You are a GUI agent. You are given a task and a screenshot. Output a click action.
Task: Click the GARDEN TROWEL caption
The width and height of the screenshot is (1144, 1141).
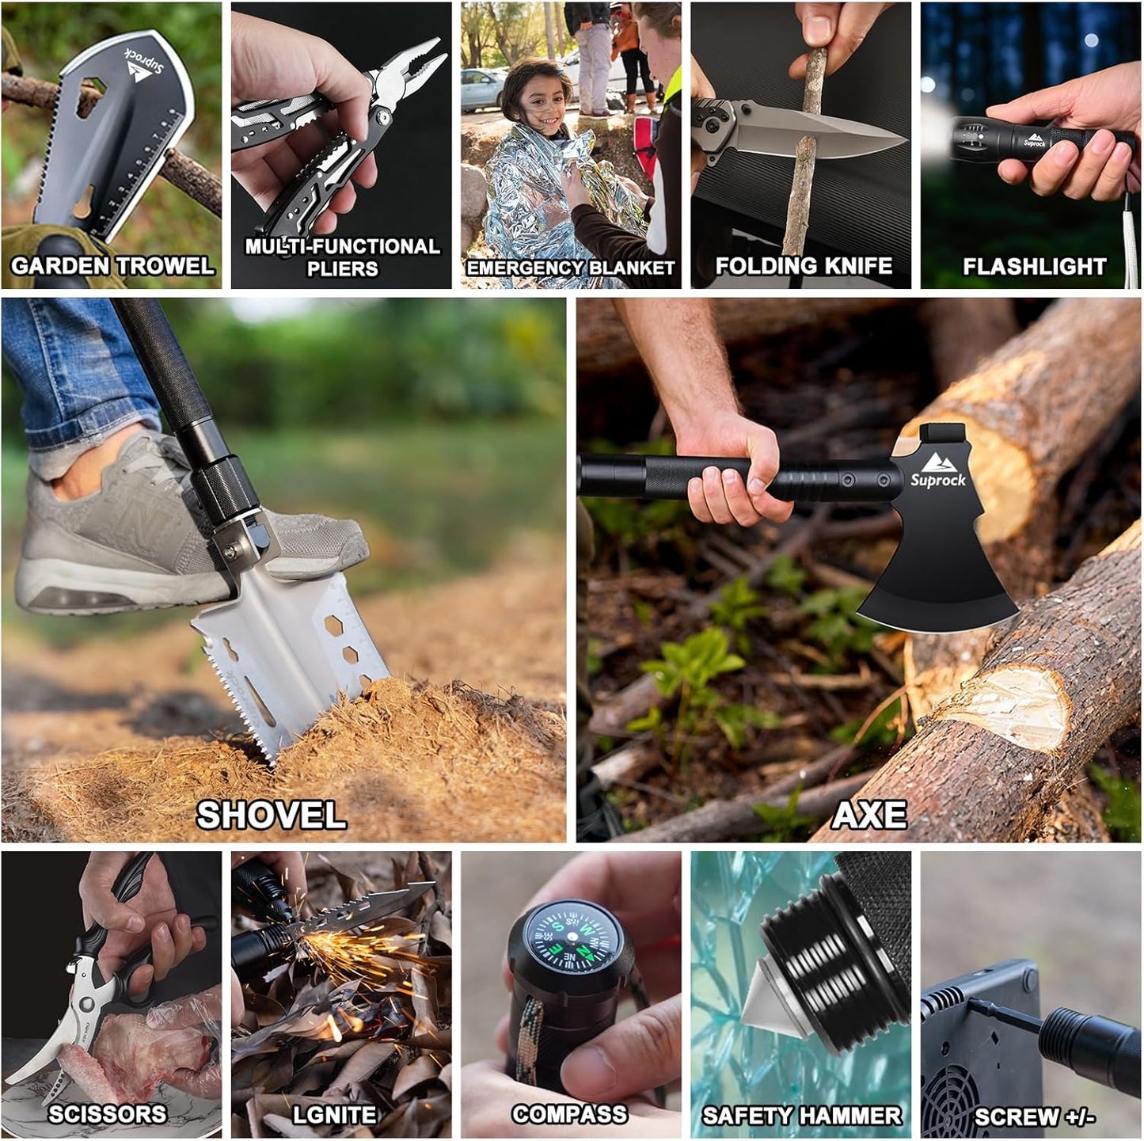(112, 265)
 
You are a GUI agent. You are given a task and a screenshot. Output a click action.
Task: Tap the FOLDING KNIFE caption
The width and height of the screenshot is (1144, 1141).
(804, 266)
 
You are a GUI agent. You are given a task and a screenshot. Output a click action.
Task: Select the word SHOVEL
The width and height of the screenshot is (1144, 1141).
(271, 815)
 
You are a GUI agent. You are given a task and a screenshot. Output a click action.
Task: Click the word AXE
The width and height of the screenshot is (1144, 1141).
(868, 815)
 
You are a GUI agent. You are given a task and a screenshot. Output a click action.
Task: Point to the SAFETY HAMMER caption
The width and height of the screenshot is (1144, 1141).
(801, 1116)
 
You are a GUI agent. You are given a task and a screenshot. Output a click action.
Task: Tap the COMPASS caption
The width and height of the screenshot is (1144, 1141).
(569, 1114)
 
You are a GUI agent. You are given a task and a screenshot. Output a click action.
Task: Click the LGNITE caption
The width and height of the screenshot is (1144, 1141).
(334, 1115)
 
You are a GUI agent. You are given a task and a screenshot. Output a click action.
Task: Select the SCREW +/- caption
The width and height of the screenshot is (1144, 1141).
(1034, 1116)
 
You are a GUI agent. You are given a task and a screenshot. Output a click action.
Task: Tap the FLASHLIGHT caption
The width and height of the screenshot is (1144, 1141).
(1034, 267)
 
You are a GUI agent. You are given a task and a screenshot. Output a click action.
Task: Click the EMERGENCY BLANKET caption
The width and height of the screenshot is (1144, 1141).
(570, 268)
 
